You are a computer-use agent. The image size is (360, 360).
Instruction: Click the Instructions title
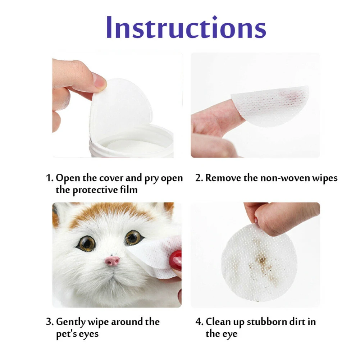tap(186, 27)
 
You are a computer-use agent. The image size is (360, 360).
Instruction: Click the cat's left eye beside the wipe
tap(133, 238)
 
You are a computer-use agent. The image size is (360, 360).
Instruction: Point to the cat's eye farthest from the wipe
tap(86, 243)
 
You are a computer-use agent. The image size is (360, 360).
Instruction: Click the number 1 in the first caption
tap(49, 178)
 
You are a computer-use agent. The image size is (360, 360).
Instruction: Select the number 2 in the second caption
tap(199, 178)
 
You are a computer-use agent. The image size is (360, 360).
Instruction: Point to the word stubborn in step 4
tap(263, 322)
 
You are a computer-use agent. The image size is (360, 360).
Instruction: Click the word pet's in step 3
tap(66, 334)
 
